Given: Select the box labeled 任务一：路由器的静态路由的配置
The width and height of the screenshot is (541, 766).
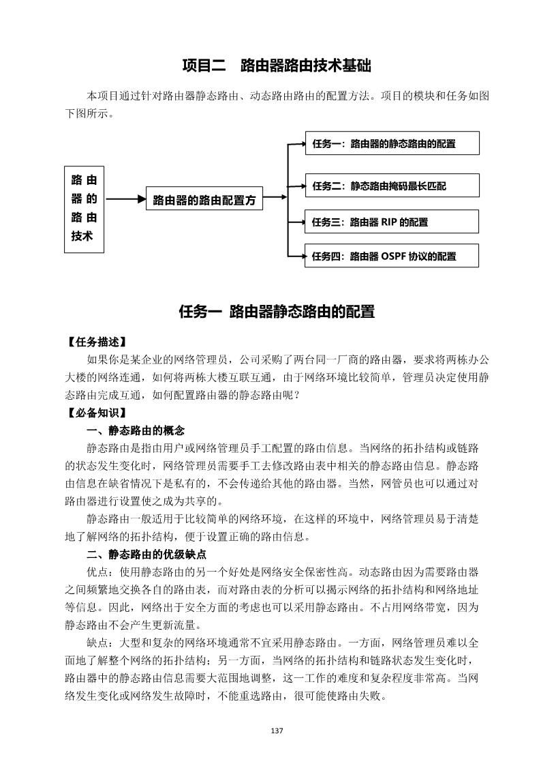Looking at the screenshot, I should (x=392, y=143).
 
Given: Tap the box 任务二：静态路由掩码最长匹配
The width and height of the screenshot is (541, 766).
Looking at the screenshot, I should (x=392, y=186).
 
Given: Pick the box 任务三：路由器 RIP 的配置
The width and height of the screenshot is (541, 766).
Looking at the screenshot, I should (x=392, y=222).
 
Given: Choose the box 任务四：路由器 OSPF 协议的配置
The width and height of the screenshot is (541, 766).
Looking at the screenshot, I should (x=392, y=256).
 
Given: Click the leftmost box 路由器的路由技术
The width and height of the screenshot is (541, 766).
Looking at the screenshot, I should (x=84, y=209).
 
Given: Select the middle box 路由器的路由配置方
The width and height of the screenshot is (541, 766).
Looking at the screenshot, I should (x=204, y=200).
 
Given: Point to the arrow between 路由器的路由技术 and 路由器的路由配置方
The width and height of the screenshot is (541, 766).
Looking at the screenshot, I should (x=125, y=199).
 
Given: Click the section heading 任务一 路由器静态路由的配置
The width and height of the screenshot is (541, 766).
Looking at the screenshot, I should (x=277, y=312).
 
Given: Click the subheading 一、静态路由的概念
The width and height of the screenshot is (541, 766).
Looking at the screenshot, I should (x=136, y=430).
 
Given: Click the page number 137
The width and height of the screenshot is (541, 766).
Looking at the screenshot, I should (x=277, y=731).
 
